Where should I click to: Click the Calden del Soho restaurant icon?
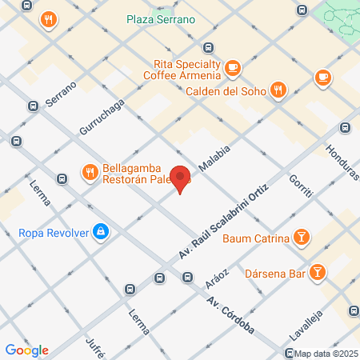pyautogui.click(x=278, y=90)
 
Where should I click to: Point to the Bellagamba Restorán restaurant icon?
pyautogui.click(x=89, y=171)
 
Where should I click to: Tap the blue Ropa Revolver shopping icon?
pyautogui.click(x=100, y=233)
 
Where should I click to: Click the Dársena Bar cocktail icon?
pyautogui.click(x=318, y=273)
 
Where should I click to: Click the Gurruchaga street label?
pyautogui.click(x=102, y=116)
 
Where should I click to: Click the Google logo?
pyautogui.click(x=27, y=350)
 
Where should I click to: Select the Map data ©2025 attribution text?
pyautogui.click(x=325, y=354)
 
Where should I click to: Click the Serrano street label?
pyautogui.click(x=61, y=94)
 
